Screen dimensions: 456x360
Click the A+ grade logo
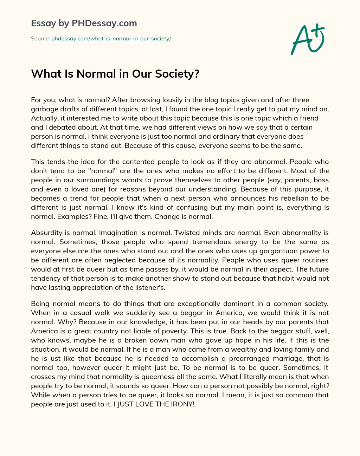tap(307, 39)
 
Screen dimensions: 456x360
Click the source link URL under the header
tap(111, 39)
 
